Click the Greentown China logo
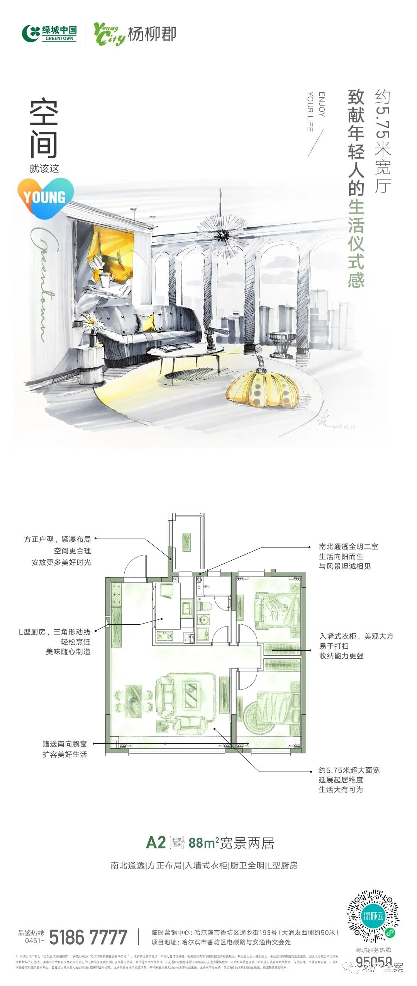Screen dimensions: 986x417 click(x=49, y=33)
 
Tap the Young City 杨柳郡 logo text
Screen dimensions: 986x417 click(x=135, y=34)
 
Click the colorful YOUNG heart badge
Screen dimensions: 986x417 click(x=45, y=197)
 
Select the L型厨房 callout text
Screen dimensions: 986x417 click(x=55, y=642)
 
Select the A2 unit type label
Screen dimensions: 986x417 click(x=156, y=843)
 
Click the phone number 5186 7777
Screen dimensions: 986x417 click(x=88, y=937)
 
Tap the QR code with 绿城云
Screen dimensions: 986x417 click(x=373, y=916)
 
